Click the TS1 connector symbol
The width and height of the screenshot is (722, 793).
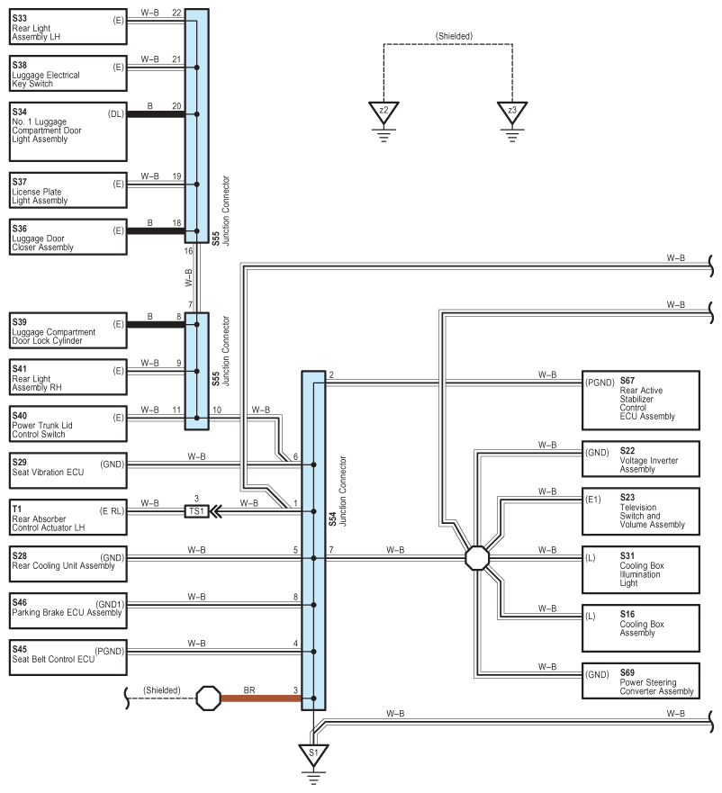tap(195, 510)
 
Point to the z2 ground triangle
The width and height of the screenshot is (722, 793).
tap(384, 113)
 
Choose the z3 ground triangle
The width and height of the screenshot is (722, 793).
tap(512, 113)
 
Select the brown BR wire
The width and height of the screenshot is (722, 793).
tap(261, 698)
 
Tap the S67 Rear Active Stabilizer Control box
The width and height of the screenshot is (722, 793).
tap(641, 400)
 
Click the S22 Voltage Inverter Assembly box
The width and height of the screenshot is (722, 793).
tap(641, 459)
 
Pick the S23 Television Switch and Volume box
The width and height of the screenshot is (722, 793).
tap(641, 509)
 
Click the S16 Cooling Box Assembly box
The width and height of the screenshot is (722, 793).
tap(641, 626)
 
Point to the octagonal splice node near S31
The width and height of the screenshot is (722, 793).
tap(477, 558)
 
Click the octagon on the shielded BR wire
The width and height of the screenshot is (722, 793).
tap(209, 698)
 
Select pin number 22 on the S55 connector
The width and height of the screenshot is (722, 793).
tap(176, 12)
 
